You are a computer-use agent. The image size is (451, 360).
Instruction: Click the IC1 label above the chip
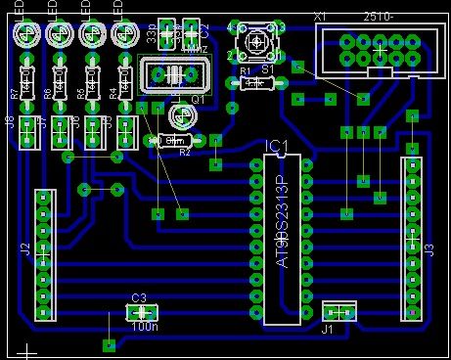pyautogui.click(x=277, y=147)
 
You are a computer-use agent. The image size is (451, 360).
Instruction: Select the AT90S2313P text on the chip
pyautogui.click(x=282, y=223)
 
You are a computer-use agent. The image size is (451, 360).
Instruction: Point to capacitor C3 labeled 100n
pyautogui.click(x=139, y=312)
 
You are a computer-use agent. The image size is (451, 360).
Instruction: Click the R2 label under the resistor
pyautogui.click(x=184, y=154)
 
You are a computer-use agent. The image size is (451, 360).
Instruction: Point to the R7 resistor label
pyautogui.click(x=14, y=96)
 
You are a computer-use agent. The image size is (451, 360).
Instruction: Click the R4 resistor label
pyautogui.click(x=113, y=96)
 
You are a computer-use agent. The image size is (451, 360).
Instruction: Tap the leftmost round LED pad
pyautogui.click(x=26, y=37)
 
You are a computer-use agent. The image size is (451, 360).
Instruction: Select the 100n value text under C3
pyautogui.click(x=145, y=327)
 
